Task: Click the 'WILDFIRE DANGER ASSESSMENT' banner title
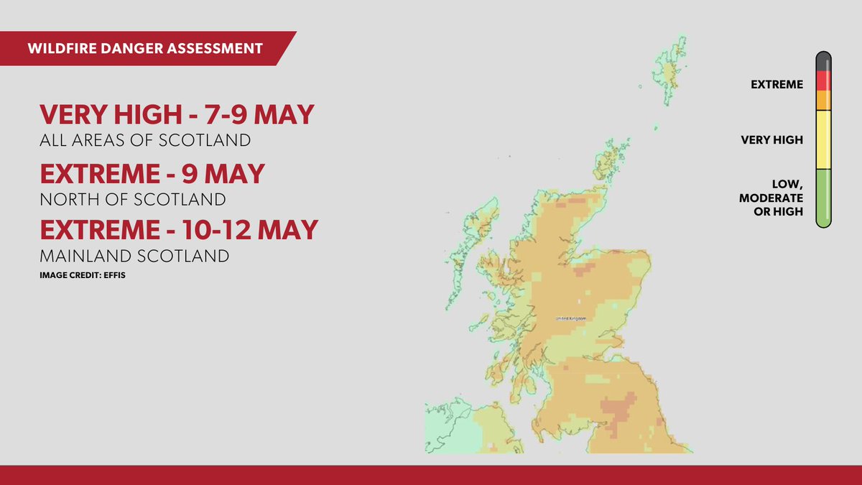coord(144,49)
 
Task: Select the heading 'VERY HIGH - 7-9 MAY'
coord(177,115)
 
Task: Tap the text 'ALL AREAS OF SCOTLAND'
coord(144,140)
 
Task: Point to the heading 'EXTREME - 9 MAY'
coord(152,174)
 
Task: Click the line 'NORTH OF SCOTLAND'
coord(132,199)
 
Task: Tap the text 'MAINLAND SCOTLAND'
coord(134,256)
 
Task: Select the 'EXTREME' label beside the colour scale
coord(777,85)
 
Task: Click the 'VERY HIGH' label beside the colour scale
coord(771,139)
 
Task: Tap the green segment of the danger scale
coord(823,198)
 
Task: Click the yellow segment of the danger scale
coord(823,139)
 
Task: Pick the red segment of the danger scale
coord(823,80)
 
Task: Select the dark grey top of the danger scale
coord(823,62)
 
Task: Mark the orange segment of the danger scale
coord(823,100)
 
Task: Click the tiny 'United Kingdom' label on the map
coord(571,318)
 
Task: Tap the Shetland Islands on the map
coord(671,68)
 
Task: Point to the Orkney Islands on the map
coord(611,154)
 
